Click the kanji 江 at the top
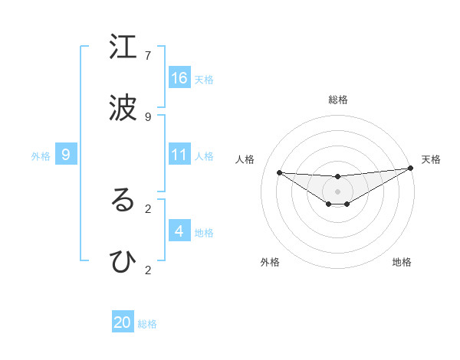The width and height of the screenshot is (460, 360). (123, 47)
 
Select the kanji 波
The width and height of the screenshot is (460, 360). (123, 108)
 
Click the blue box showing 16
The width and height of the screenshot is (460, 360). (179, 78)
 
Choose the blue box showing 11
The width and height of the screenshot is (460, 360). (179, 155)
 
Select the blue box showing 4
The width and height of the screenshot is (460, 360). (179, 231)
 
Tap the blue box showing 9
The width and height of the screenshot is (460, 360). (66, 155)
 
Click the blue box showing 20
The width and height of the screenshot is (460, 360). (123, 322)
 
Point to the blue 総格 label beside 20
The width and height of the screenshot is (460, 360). (148, 324)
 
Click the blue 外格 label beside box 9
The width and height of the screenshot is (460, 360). (41, 156)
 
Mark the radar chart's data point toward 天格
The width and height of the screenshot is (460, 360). (411, 169)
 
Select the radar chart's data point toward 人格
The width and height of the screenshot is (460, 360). (279, 172)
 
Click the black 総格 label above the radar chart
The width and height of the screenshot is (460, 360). (338, 100)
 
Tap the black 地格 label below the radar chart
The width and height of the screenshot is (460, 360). (402, 262)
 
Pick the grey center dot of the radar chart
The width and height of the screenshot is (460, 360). (338, 191)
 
